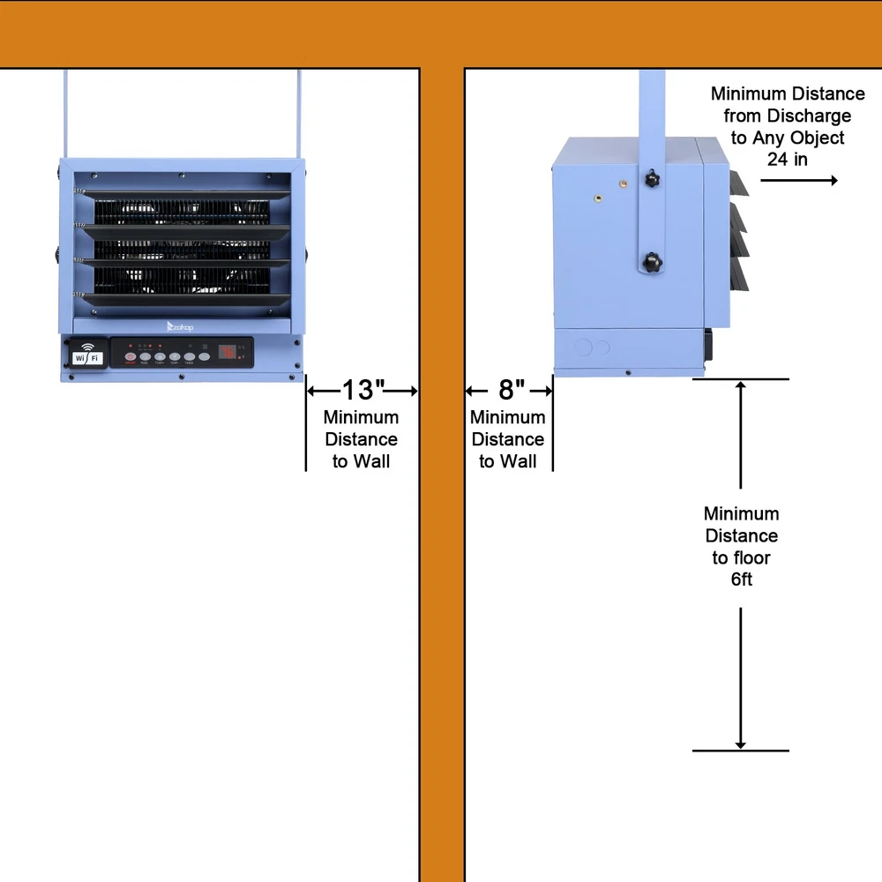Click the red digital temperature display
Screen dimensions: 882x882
click(228, 353)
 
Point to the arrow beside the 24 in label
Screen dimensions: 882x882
click(798, 180)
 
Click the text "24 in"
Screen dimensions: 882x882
click(787, 160)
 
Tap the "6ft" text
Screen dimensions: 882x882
click(741, 579)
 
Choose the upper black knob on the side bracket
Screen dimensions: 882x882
click(652, 179)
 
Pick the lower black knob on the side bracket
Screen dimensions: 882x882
click(652, 262)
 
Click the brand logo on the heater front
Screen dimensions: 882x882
click(180, 326)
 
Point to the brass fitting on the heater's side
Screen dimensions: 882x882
click(622, 183)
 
